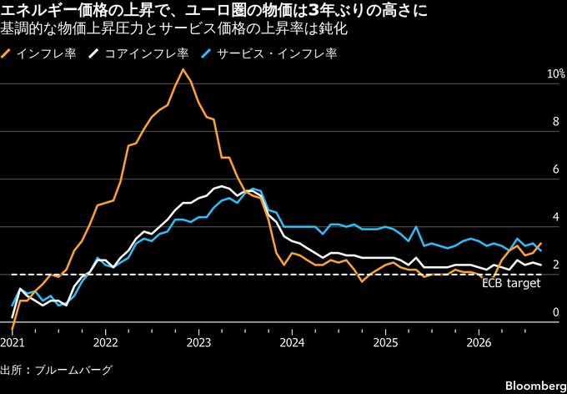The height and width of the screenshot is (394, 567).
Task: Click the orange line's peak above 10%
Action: click(x=183, y=69)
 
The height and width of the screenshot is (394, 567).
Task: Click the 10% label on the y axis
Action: click(x=556, y=74)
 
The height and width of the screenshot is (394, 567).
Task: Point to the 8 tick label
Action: click(x=556, y=123)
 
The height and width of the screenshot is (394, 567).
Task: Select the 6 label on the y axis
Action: click(x=556, y=170)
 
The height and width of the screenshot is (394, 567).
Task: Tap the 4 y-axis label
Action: click(x=556, y=218)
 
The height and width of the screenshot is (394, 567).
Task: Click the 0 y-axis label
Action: click(x=556, y=313)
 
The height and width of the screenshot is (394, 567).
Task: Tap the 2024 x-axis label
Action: click(x=292, y=343)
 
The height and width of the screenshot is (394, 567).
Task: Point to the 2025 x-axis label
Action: click(x=385, y=343)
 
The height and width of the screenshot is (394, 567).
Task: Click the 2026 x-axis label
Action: click(x=479, y=343)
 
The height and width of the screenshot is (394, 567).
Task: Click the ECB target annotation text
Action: click(x=512, y=284)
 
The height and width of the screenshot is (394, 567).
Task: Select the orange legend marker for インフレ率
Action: click(x=6, y=53)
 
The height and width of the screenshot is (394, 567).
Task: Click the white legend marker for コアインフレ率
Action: click(x=94, y=53)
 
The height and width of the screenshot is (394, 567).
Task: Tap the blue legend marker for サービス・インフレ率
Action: click(x=206, y=53)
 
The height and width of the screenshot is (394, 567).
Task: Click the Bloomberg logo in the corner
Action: click(x=545, y=386)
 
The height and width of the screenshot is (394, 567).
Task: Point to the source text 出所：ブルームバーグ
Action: click(x=56, y=371)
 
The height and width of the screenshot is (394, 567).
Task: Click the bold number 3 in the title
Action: click(x=307, y=12)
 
